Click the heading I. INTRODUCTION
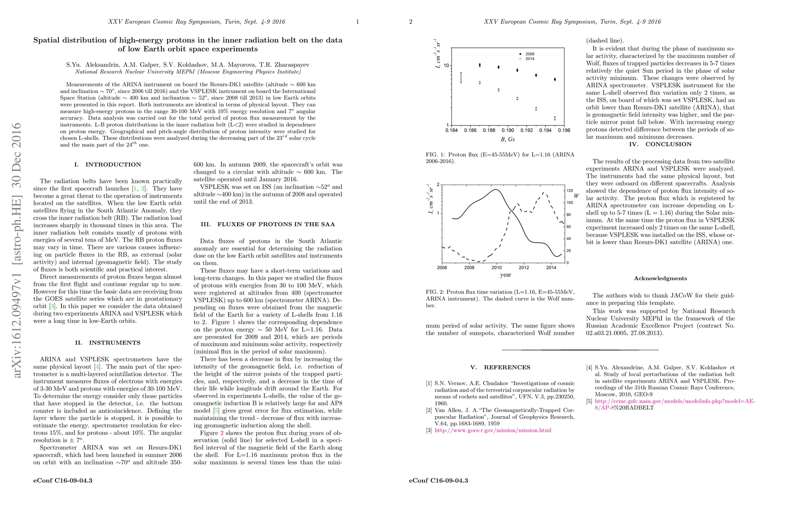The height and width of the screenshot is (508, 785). click(x=108, y=165)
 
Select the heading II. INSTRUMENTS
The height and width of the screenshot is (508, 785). click(x=108, y=343)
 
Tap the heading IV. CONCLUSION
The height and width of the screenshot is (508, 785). click(x=660, y=144)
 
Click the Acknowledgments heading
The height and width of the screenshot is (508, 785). click(x=660, y=279)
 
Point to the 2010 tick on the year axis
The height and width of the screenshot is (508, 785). click(x=496, y=268)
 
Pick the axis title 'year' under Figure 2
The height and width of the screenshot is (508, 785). click(x=506, y=275)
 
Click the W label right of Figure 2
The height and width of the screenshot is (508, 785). click(x=576, y=196)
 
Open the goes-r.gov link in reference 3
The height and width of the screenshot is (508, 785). click(x=493, y=431)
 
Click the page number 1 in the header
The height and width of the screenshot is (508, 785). click(x=357, y=22)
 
